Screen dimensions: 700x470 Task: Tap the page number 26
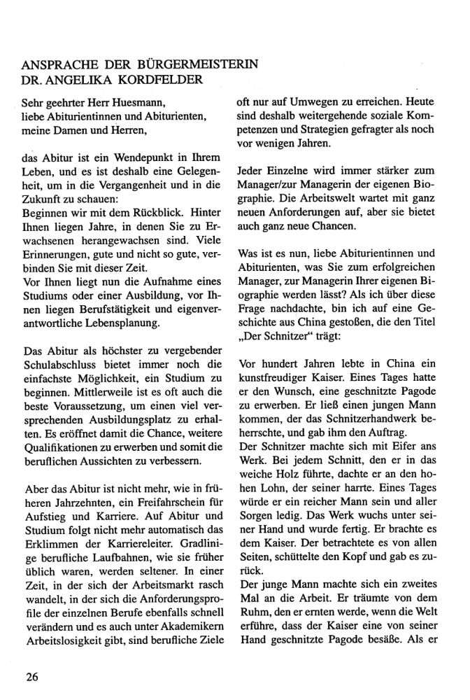pos(30,676)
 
